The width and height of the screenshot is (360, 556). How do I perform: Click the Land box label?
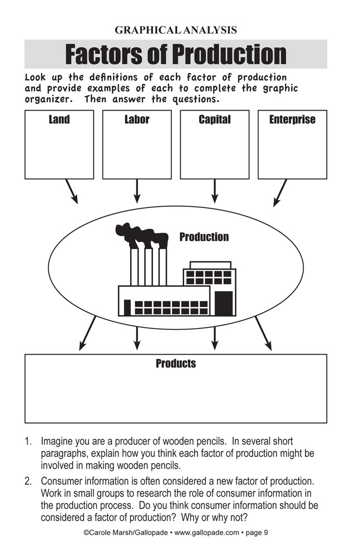tap(59, 120)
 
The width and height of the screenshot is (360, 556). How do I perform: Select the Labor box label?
tap(137, 120)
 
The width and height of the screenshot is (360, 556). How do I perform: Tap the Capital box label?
tap(214, 120)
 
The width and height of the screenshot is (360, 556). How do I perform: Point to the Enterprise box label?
tap(292, 120)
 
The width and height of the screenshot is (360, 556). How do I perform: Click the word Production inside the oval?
tap(204, 237)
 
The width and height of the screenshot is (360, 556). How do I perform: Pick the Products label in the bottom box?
tap(176, 364)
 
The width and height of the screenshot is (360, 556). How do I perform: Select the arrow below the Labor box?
tap(137, 191)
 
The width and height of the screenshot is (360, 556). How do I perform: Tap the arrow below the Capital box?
tap(215, 191)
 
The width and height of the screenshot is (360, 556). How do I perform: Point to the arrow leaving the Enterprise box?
tap(280, 192)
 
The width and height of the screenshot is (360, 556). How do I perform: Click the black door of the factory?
tap(223, 303)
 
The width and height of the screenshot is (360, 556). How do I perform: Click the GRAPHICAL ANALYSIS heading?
tap(176, 30)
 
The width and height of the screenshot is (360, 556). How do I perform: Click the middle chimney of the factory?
tap(148, 267)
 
